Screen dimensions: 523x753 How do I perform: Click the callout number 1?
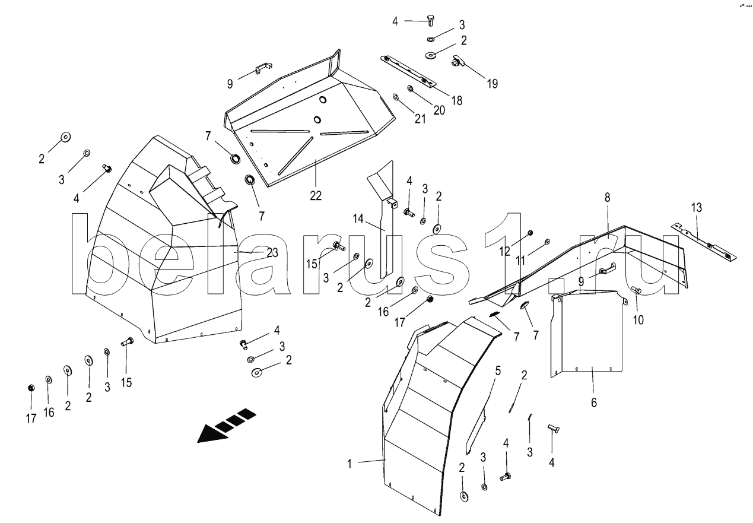pos(350,464)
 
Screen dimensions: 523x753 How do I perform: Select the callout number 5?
pos(498,371)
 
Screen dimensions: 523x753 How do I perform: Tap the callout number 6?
pos(593,403)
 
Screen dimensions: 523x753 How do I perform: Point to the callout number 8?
pos(607,198)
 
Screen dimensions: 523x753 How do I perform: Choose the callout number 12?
pos(505,252)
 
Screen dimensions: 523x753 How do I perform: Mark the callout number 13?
pos(696,207)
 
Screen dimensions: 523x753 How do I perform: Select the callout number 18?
pos(456,100)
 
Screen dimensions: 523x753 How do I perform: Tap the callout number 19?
pos(493,83)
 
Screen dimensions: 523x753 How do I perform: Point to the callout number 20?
pos(439,110)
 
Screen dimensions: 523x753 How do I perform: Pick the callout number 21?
pos(420,119)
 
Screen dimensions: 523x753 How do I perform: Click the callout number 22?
pos(315,195)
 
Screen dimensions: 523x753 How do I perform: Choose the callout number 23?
pos(272,253)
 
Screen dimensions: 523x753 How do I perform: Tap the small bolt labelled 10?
pos(636,290)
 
